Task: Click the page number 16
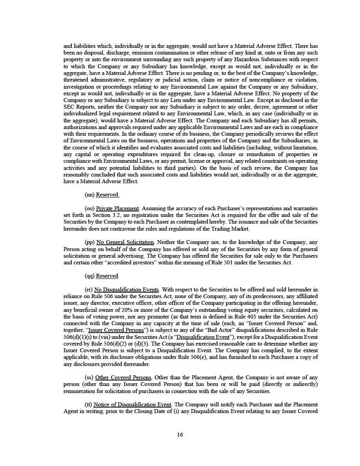pos(180,434)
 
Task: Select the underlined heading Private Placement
pos(117,208)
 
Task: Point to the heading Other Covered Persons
pos(124,377)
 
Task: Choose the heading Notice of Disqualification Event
pos(132,404)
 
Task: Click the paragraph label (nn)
pos(89,195)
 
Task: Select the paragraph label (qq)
pos(89,276)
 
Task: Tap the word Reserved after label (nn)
pos(107,195)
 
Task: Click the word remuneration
pos(81,391)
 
